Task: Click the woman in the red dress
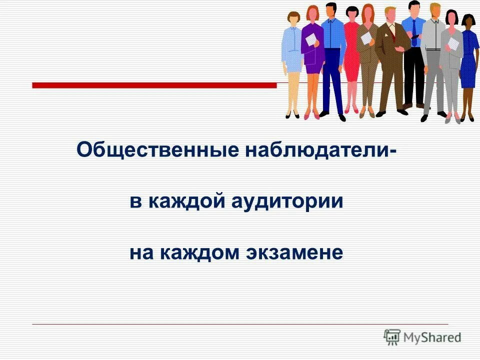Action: pyautogui.click(x=351, y=55)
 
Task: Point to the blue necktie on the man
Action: pyautogui.click(x=414, y=32)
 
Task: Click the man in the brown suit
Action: pyautogui.click(x=390, y=60)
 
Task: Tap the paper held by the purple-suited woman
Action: pyautogui.click(x=311, y=38)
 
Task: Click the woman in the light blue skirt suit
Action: pyautogui.click(x=292, y=55)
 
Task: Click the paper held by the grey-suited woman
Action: pyautogui.click(x=453, y=43)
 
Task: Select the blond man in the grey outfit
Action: pyautogui.click(x=433, y=55)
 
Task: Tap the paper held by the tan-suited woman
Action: pyautogui.click(x=367, y=37)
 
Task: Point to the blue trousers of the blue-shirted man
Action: pyautogui.click(x=332, y=85)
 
